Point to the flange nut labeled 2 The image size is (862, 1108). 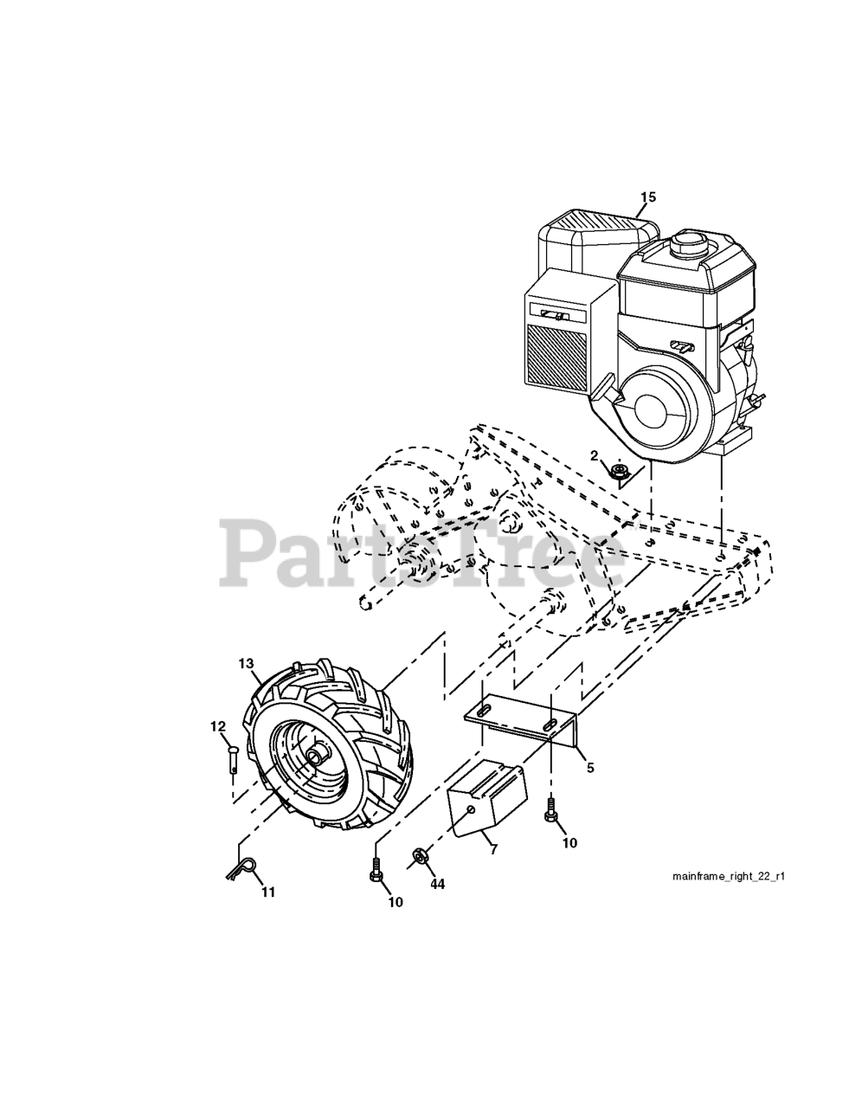coord(619,473)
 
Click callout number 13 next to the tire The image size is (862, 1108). coord(247,663)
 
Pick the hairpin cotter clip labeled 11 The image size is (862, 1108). coord(243,867)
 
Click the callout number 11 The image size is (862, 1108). coord(268,892)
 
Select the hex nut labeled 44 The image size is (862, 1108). coord(419,855)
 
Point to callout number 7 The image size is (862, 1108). coord(493,849)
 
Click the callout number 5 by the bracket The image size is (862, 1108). coord(589,767)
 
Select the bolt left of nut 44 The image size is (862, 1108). coord(376,869)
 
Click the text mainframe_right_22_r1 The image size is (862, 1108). coord(729,876)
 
